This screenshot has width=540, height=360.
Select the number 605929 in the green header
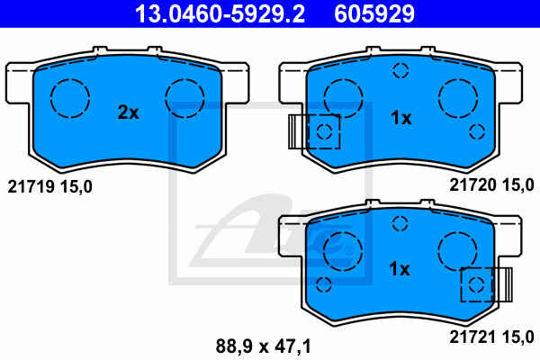pos(373,13)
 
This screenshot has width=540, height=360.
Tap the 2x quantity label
pos(129,112)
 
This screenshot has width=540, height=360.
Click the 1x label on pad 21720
pos(400,118)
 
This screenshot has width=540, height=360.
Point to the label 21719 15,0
pos(50,186)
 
